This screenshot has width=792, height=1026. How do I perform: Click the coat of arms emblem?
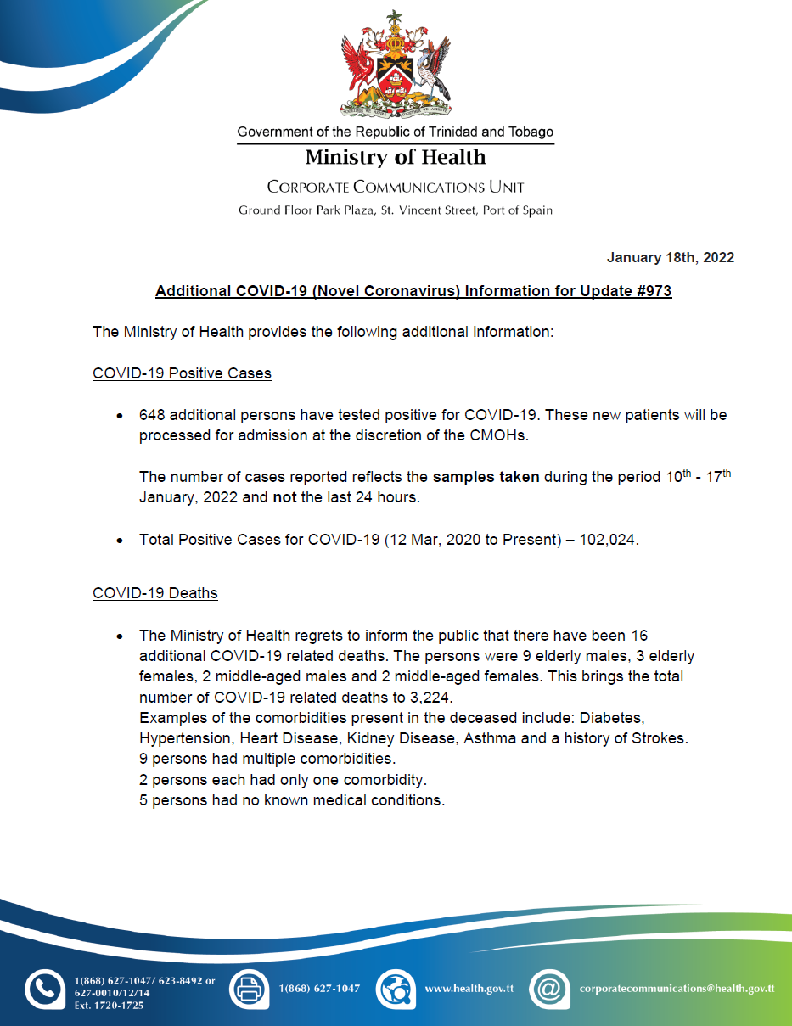pyautogui.click(x=395, y=66)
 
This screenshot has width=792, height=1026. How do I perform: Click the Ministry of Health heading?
pyautogui.click(x=396, y=158)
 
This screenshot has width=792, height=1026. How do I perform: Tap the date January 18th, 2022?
pyautogui.click(x=671, y=258)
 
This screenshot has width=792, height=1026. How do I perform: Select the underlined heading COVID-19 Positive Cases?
pyautogui.click(x=182, y=373)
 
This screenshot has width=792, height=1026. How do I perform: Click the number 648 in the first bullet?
pyautogui.click(x=152, y=416)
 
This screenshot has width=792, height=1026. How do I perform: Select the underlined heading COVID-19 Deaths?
pyautogui.click(x=154, y=593)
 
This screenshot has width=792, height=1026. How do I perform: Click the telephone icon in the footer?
pyautogui.click(x=44, y=989)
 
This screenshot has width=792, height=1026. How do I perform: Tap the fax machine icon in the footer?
pyautogui.click(x=249, y=989)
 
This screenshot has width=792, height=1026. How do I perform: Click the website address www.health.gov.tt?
pyautogui.click(x=469, y=989)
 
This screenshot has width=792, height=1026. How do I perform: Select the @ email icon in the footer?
pyautogui.click(x=549, y=989)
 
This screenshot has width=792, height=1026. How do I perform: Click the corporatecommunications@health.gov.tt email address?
pyautogui.click(x=677, y=989)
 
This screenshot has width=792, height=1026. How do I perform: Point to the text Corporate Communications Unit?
pyautogui.click(x=396, y=187)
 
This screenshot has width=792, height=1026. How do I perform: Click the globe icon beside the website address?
pyautogui.click(x=395, y=989)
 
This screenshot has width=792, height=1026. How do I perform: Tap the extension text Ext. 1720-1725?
pyautogui.click(x=109, y=1006)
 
